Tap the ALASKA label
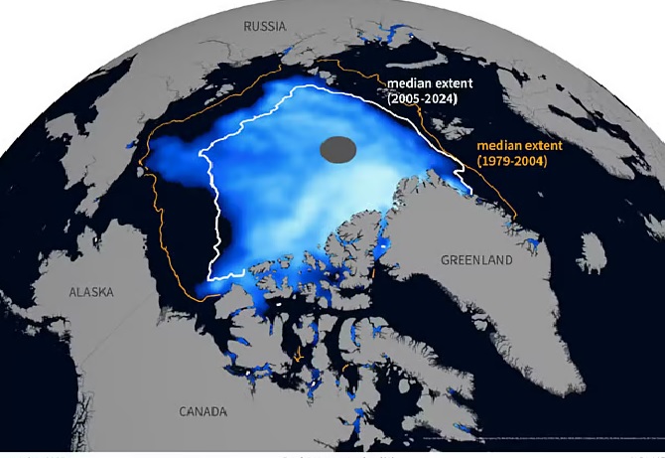tap(91, 292)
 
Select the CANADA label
tap(202, 411)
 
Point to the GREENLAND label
tap(476, 260)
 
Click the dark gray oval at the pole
tap(338, 150)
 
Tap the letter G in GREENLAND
tap(445, 260)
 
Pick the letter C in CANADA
tap(183, 411)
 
